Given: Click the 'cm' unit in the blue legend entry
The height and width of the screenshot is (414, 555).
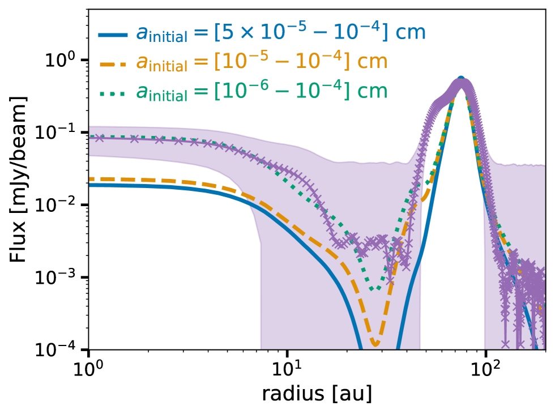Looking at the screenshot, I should [410, 33].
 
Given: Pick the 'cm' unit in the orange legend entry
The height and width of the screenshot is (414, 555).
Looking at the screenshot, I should [372, 62].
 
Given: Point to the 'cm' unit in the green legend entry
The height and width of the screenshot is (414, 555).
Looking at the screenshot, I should [372, 91].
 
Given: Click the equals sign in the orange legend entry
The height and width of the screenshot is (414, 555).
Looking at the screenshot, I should [200, 62].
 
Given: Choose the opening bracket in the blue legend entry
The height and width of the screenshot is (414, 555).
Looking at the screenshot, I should [217, 33].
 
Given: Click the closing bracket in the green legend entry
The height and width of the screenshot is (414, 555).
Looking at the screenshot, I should [347, 91].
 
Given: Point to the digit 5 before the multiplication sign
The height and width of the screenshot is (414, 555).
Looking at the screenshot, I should [228, 33].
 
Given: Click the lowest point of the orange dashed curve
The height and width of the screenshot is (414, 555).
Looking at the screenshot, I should [375, 343].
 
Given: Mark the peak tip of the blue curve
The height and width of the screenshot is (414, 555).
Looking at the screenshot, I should [461, 78].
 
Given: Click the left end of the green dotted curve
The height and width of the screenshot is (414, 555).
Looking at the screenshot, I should [91, 136].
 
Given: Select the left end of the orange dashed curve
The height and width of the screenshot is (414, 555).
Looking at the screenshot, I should [91, 179].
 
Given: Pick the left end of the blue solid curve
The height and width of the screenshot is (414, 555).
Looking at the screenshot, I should [91, 185].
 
